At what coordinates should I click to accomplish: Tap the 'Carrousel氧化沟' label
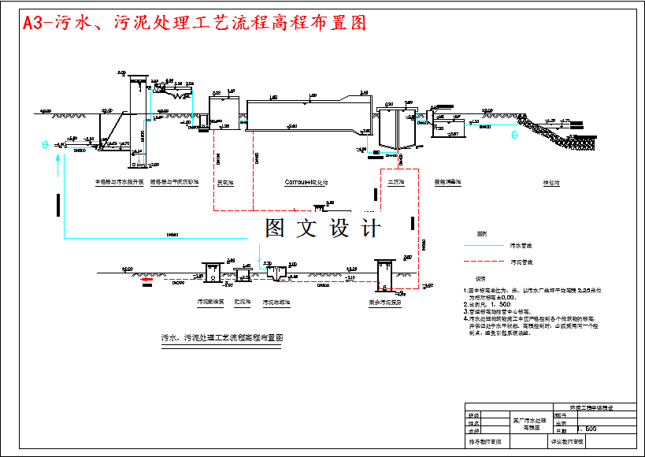coord(306,182)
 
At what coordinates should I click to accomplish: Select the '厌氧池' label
coord(225,182)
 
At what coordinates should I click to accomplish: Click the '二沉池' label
coord(395,182)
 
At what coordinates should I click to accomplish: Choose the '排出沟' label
coord(551,182)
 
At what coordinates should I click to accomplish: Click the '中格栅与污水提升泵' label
coord(121,182)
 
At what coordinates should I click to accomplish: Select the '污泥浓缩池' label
coord(276,302)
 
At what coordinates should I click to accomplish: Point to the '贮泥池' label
coord(242,302)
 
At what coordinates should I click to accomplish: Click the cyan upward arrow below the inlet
coord(57,162)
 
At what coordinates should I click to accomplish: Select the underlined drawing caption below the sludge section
coord(221,337)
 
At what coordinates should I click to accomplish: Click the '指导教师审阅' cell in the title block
coord(485,443)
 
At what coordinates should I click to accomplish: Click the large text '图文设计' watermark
coord(323,228)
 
